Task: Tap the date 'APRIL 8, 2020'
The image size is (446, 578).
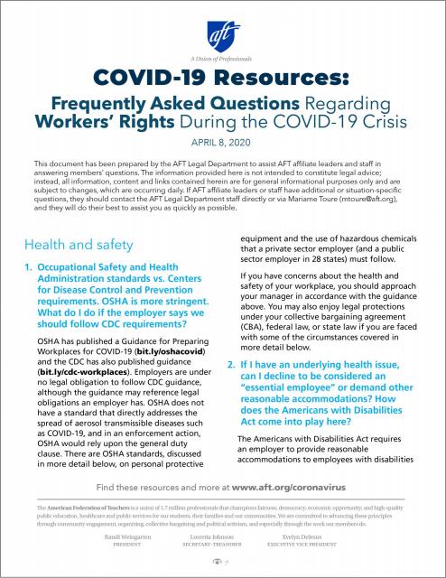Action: click(223, 142)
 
